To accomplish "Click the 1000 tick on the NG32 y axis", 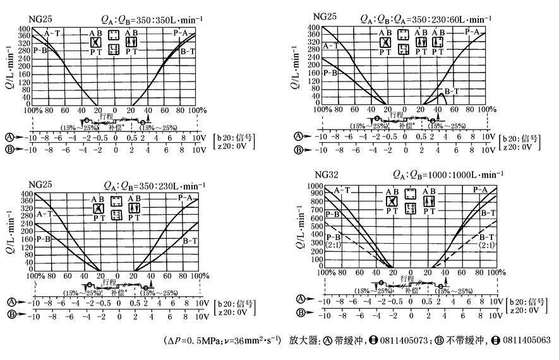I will [314, 186].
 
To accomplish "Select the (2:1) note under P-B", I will [334, 244].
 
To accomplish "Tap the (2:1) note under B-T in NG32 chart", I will [487, 245].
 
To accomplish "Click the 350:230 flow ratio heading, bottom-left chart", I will [154, 186].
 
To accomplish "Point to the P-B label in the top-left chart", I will [41, 50].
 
